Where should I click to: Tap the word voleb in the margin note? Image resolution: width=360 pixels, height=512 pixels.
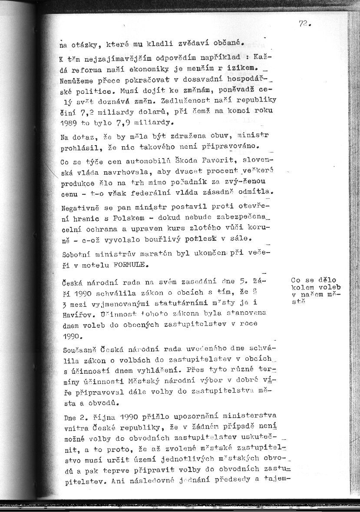(x=330, y=287)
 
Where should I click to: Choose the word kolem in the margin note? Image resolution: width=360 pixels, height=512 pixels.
(x=302, y=287)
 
